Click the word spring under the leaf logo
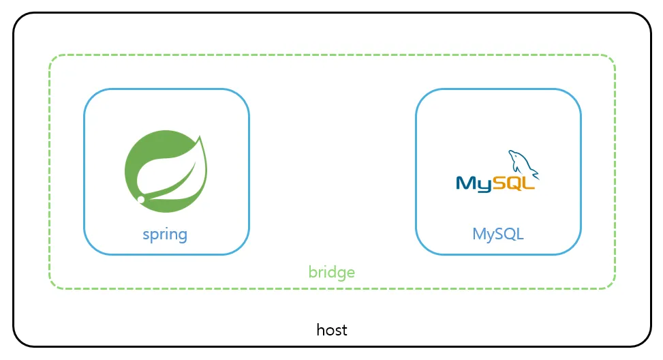click(x=165, y=235)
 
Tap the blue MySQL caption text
click(x=498, y=234)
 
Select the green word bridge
click(x=331, y=272)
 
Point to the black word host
click(x=332, y=330)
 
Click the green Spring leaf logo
click(x=166, y=171)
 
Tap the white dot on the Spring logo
click(x=141, y=199)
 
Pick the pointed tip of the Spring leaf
click(x=200, y=136)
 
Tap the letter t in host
click(x=344, y=331)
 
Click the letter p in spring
click(x=154, y=236)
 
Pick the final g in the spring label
click(x=183, y=236)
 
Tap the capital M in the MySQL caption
click(x=479, y=233)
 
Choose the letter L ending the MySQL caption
click(x=520, y=233)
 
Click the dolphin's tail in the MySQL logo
click(x=535, y=174)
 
